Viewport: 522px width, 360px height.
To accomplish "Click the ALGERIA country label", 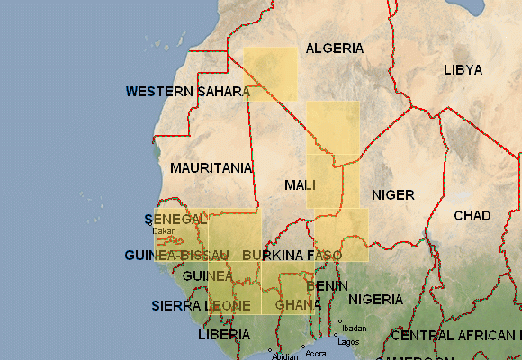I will (x=334, y=49).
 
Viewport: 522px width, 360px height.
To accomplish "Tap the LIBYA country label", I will (x=463, y=70).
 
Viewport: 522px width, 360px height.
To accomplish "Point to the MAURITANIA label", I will (x=211, y=168).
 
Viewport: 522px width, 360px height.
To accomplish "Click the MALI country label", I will (x=300, y=185).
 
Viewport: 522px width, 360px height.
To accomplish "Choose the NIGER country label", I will (x=392, y=195).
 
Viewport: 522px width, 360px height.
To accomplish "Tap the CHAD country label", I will (x=472, y=216).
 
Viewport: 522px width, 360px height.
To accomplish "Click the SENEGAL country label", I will (x=175, y=220).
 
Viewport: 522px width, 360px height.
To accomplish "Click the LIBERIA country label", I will (x=224, y=335).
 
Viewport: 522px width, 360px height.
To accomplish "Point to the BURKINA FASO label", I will (x=292, y=256).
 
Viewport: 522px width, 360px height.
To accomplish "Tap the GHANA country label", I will (x=298, y=304).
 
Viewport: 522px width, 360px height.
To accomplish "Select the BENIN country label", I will (x=328, y=285).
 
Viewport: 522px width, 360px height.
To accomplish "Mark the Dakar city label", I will (x=163, y=231).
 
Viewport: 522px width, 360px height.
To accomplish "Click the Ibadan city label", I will (x=355, y=328).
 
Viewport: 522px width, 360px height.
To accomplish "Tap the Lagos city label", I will (x=348, y=342).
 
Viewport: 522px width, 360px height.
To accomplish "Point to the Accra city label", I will (x=316, y=354).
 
